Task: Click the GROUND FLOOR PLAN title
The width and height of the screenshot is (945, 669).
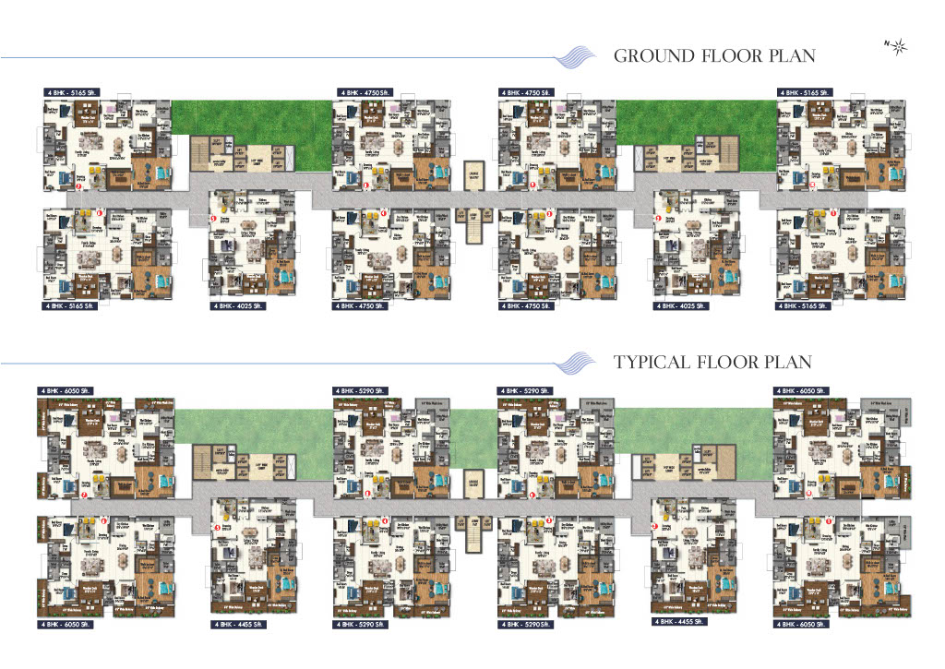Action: pyautogui.click(x=714, y=55)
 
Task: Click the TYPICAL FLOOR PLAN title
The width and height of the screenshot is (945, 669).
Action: pyautogui.click(x=712, y=362)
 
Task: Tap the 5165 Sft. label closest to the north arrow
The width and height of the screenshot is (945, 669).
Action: pyautogui.click(x=806, y=93)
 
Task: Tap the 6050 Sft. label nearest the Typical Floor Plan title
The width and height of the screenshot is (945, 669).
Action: pyautogui.click(x=806, y=390)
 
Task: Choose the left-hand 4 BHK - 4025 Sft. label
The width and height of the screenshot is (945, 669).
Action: pyautogui.click(x=238, y=305)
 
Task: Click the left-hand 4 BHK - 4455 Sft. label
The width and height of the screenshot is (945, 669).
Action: pyautogui.click(x=238, y=625)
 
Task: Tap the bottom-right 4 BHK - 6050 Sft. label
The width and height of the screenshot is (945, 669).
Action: pyautogui.click(x=806, y=625)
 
